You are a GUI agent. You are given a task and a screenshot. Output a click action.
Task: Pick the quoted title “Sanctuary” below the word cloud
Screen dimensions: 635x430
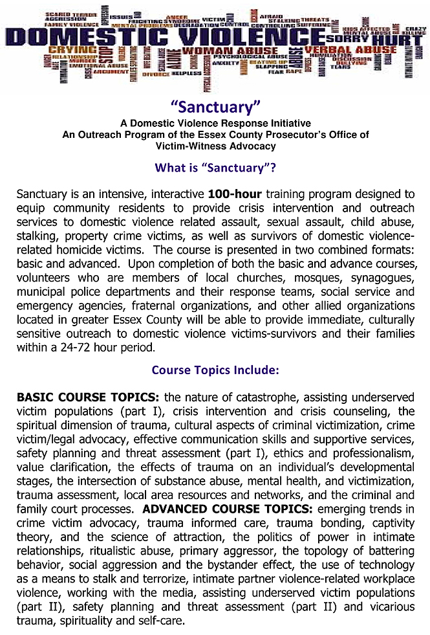point(215,108)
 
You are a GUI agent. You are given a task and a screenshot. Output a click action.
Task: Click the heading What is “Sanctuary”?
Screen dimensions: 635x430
point(215,168)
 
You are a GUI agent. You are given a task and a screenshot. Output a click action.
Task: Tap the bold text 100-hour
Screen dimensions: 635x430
point(234,194)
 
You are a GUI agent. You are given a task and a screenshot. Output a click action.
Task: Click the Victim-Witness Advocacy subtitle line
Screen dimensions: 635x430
point(215,146)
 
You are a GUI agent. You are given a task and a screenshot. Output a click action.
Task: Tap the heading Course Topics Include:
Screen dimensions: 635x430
point(215,370)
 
